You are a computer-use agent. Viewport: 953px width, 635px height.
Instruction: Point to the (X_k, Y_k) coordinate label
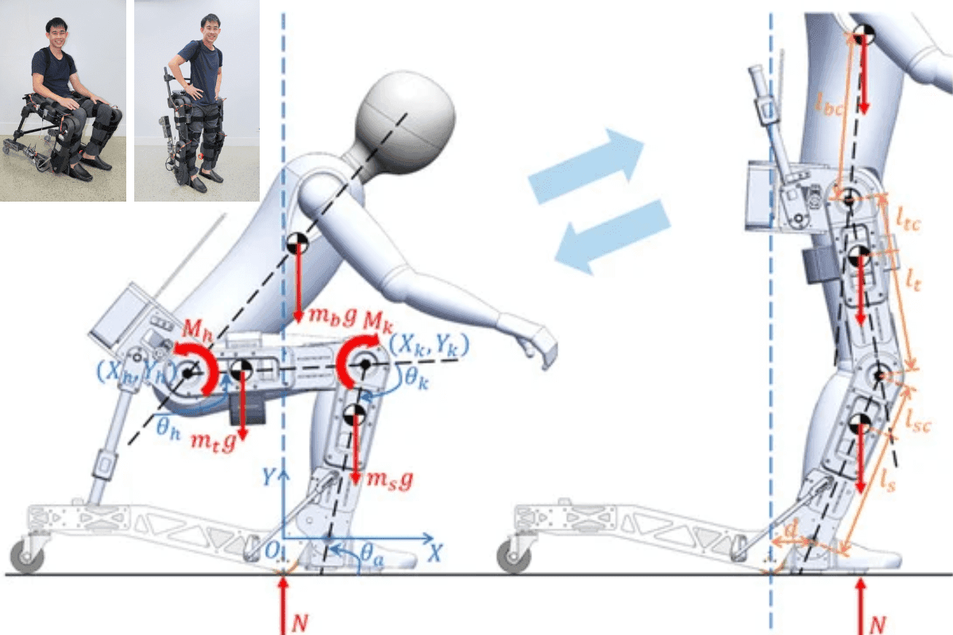click(429, 344)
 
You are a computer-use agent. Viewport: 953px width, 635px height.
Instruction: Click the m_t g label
click(213, 444)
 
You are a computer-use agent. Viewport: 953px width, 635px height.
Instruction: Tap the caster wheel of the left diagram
click(29, 558)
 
